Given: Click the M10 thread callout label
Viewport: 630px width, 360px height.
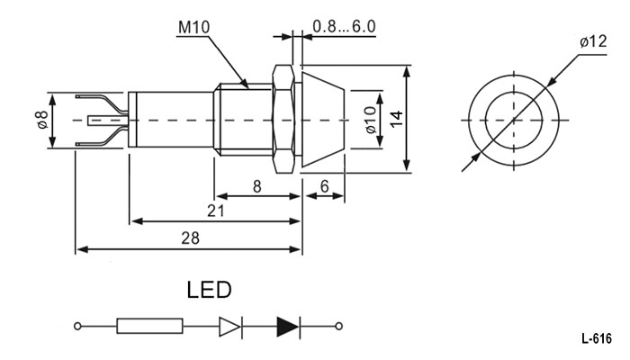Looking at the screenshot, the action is (193, 27).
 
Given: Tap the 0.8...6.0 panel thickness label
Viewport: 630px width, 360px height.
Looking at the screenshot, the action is (344, 26).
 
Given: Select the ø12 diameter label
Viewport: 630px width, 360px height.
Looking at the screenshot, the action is (593, 41).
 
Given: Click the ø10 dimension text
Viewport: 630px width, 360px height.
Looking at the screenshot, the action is (371, 120).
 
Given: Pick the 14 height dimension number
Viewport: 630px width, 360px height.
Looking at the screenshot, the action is (397, 120).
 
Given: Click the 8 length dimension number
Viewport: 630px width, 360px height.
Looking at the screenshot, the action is (256, 186).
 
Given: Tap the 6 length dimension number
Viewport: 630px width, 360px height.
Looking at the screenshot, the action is (324, 186).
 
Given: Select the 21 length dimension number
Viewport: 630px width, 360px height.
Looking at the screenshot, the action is (216, 211).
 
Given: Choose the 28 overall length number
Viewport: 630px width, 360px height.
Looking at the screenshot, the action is (190, 238).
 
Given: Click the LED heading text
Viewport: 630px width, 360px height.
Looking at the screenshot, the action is (210, 290).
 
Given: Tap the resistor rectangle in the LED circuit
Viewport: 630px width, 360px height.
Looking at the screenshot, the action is (150, 326).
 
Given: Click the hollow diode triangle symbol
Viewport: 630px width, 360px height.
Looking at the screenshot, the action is (229, 326).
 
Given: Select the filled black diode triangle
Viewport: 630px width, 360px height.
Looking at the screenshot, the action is (288, 326).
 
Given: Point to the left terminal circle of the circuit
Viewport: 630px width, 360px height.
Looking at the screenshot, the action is (77, 326).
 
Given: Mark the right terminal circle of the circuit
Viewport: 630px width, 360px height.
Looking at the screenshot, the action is (338, 326).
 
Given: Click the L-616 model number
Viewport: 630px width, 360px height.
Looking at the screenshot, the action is (597, 338).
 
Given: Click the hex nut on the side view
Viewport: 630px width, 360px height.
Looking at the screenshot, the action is (283, 120).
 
